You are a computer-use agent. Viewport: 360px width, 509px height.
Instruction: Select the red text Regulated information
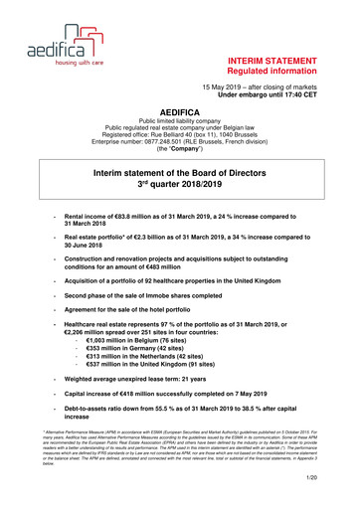pyautogui.click(x=284, y=74)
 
